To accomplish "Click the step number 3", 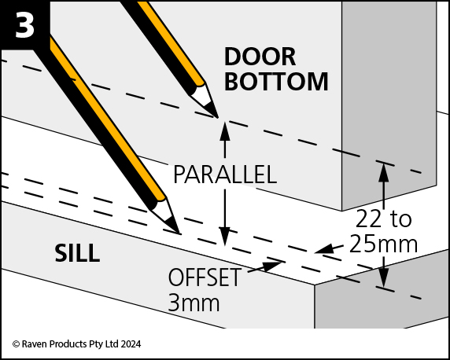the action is click(24, 24).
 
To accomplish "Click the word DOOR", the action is click(260, 57).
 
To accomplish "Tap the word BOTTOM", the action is click(276, 82).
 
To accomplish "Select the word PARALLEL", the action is click(225, 174).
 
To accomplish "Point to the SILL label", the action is click(77, 253).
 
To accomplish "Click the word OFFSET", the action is click(204, 277).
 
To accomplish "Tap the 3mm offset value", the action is click(194, 303).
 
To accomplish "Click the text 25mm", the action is click(383, 244).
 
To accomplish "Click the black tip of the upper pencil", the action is click(212, 112).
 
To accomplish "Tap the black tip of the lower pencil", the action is click(174, 227).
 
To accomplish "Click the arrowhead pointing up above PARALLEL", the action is click(225, 131).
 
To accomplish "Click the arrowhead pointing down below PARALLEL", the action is click(225, 236).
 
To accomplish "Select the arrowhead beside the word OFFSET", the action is click(272, 266).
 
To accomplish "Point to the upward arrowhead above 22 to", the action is click(383, 172).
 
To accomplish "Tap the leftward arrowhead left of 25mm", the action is click(324, 248).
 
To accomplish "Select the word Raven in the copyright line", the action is click(31, 344).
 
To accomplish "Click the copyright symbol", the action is click(16, 344).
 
